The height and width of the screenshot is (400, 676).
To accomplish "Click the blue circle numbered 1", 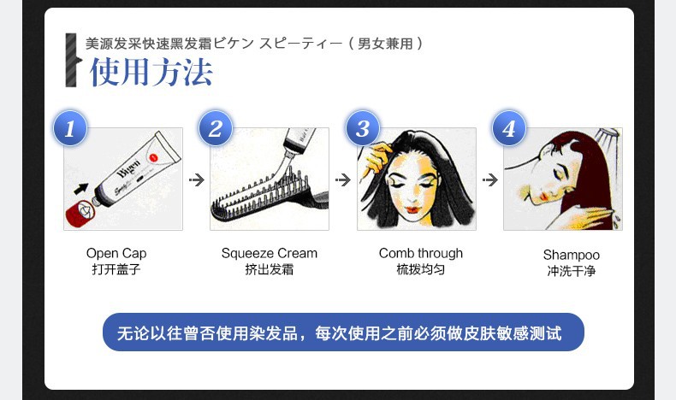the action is point(70,128).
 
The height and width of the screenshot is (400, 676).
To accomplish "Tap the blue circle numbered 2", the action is point(216,128).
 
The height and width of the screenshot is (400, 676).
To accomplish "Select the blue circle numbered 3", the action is point(363,128).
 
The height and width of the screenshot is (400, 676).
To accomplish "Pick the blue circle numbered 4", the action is point(509,128).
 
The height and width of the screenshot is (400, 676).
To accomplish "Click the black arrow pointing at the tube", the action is point(81,189).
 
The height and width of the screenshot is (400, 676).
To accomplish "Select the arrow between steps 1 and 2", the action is point(197,179).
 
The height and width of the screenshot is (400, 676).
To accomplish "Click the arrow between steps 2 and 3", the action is point(343,179).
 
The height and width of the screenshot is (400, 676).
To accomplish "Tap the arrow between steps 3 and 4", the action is point(490,179).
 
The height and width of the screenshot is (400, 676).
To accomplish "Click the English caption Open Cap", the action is point(116,253).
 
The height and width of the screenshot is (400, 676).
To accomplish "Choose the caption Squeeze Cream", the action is point(270,253).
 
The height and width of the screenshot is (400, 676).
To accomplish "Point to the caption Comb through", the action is point(421,253).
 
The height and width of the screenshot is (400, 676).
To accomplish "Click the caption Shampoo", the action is point(572,255).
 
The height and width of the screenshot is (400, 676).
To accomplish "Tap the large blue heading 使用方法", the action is point(151,72).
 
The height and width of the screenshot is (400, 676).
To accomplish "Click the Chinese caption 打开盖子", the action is point(116,269).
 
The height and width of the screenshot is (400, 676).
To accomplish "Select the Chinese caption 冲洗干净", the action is point(572,271).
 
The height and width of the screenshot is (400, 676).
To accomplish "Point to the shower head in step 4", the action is point(607,135).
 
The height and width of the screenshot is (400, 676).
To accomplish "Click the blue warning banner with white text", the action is point(343,332).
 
